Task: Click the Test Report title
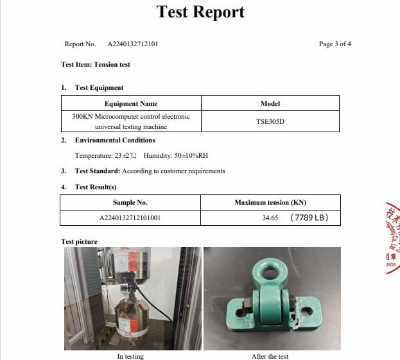point(200,12)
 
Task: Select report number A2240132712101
point(128,44)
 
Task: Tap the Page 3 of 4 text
point(335,44)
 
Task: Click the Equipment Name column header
point(131,103)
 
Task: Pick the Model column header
point(270,103)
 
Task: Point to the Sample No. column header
point(130,202)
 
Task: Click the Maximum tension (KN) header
point(270,202)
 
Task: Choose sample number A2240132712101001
point(130,218)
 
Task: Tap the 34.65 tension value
point(270,218)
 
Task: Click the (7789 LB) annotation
point(309,218)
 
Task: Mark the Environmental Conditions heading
point(115,140)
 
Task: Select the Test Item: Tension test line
point(96,65)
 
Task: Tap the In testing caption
point(130,356)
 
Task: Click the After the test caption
point(270,356)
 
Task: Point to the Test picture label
point(79,242)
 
